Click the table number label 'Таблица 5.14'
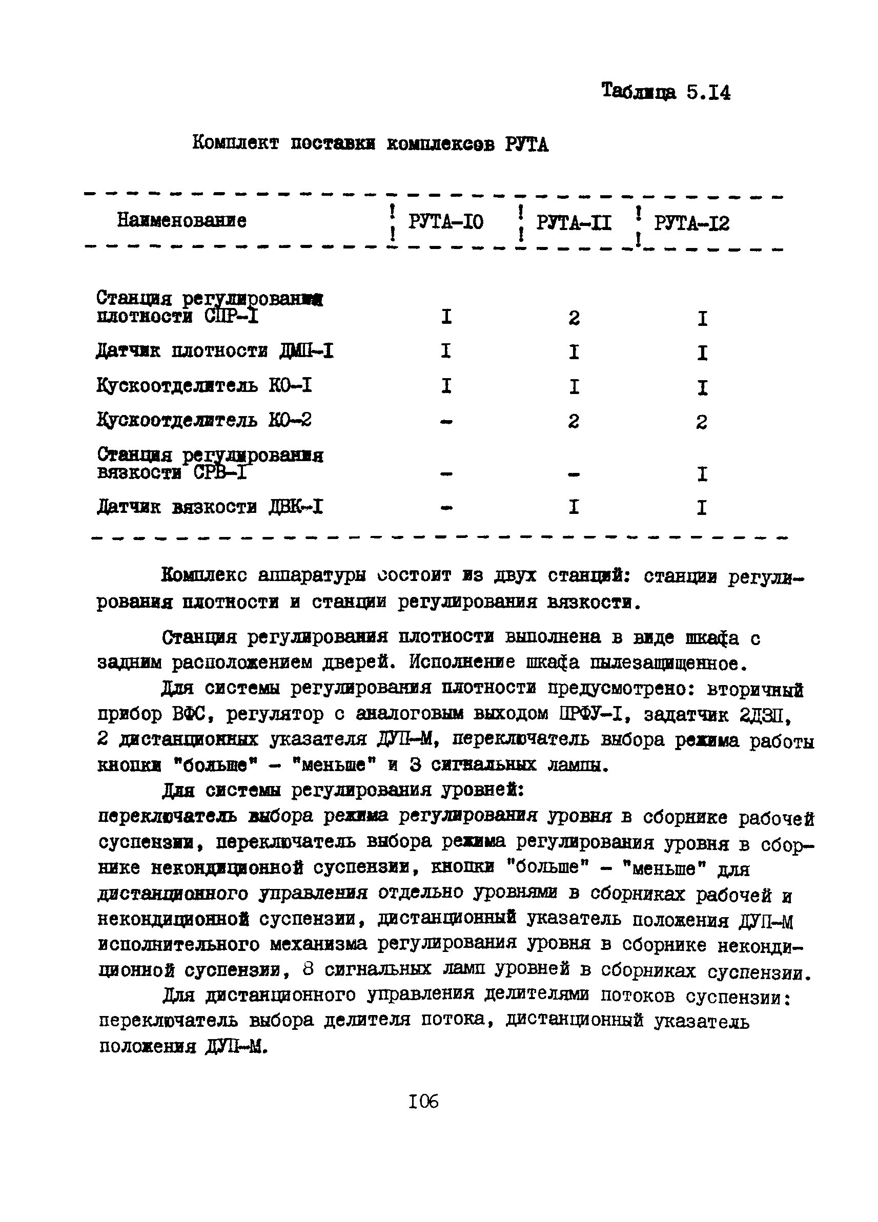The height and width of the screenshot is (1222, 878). point(666,92)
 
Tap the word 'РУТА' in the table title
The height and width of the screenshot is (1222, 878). point(526,144)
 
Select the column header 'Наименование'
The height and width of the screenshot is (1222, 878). point(181,220)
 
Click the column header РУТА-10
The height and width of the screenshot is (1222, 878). point(445,221)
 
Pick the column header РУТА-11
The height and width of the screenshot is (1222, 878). point(574,222)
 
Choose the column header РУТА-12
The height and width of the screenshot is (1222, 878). point(691,223)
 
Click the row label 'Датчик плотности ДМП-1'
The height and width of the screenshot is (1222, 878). point(215,351)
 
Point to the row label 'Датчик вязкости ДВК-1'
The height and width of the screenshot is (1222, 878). point(210,508)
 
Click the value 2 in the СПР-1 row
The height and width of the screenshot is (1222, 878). point(574,318)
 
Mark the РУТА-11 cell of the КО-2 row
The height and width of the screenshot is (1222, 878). point(574,421)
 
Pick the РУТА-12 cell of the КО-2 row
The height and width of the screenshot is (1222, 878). point(701,422)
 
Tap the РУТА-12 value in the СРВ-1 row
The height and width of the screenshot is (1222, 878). point(702,474)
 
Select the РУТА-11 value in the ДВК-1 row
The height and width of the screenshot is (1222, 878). point(574,507)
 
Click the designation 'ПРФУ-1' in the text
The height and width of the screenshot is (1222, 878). point(591,715)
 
